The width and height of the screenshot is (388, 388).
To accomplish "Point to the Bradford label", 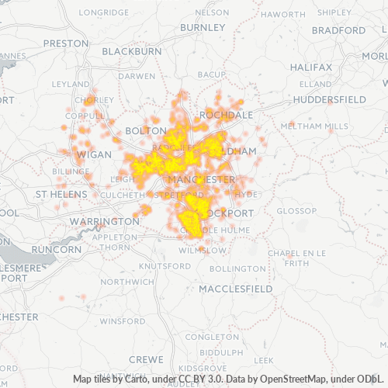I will coord(338,30).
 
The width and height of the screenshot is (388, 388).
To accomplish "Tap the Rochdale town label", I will coord(227,114).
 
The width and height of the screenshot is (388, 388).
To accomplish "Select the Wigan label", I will coord(92,154).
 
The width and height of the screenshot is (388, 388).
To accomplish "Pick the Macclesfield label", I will coord(236,288).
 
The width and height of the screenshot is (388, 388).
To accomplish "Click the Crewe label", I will coord(145,359).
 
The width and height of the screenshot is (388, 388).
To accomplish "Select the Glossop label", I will coord(293,211).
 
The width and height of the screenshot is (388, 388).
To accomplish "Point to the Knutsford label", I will coord(165,265).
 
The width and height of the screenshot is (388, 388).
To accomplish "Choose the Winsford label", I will coord(123,320).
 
